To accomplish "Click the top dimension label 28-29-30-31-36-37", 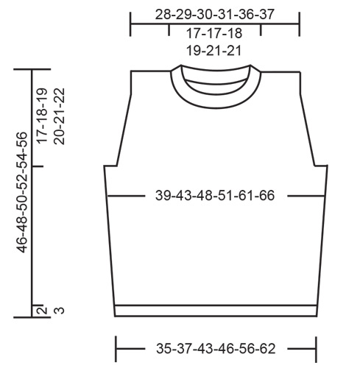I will pyautogui.click(x=215, y=15).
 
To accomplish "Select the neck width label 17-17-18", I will pyautogui.click(x=215, y=33).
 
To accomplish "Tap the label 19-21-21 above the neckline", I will pyautogui.click(x=215, y=51).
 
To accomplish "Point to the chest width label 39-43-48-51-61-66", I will pyautogui.click(x=215, y=196).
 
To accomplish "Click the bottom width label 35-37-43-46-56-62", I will pyautogui.click(x=215, y=346).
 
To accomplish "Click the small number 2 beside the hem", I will pyautogui.click(x=42, y=310).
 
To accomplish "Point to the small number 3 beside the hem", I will pyautogui.click(x=60, y=310).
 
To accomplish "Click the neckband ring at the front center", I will pyautogui.click(x=215, y=102).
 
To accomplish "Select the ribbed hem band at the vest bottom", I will pyautogui.click(x=215, y=310).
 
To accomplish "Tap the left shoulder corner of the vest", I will pyautogui.click(x=132, y=71).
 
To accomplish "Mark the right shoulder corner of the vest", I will pyautogui.click(x=299, y=71).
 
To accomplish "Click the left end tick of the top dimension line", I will pyautogui.click(x=130, y=24).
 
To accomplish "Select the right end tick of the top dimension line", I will pyautogui.click(x=299, y=24).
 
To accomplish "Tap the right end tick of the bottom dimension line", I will pyautogui.click(x=316, y=346).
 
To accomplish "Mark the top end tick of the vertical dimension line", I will pyautogui.click(x=32, y=70).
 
